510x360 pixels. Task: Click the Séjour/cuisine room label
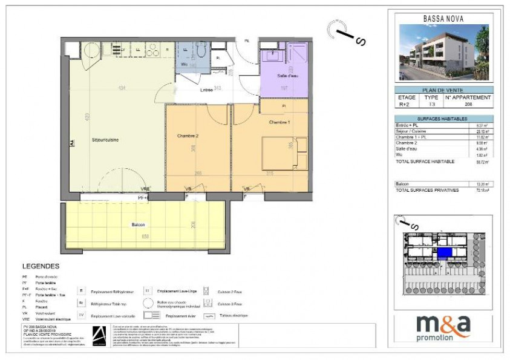[x=105, y=140]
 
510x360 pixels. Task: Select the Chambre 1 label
[x=281, y=122]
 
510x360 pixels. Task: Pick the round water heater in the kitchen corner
[x=91, y=49]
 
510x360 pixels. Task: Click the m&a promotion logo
[x=443, y=327]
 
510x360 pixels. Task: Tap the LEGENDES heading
[x=41, y=266]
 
